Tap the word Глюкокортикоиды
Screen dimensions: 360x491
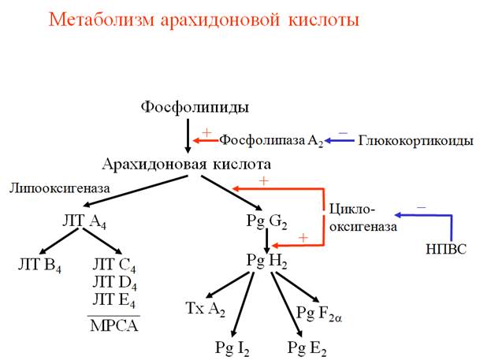pos(415,141)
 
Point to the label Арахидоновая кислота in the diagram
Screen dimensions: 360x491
pos(187,165)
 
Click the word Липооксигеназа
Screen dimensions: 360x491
pos(60,189)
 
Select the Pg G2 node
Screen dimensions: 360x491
pos(266,221)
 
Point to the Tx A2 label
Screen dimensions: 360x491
pos(205,307)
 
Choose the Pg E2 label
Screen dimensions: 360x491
pos(307,346)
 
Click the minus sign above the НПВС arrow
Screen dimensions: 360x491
pos(421,206)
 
